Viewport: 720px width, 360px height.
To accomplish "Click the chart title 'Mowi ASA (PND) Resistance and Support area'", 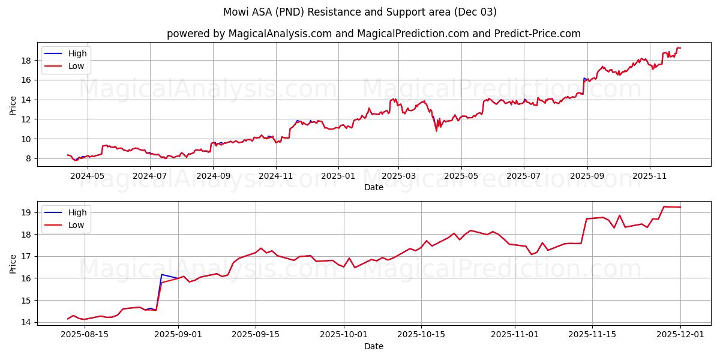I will pyautogui.click(x=360, y=12).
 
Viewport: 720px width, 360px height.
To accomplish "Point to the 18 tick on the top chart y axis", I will pyautogui.click(x=27, y=61).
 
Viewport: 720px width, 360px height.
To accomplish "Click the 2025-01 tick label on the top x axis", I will pyautogui.click(x=338, y=176).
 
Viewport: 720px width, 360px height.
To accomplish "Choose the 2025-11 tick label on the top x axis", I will pyautogui.click(x=650, y=176).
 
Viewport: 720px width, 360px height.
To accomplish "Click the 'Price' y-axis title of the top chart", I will pyautogui.click(x=13, y=104).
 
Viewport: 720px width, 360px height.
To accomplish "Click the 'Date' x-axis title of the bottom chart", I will pyautogui.click(x=373, y=346).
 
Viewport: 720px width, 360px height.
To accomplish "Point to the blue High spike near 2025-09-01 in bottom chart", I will pyautogui.click(x=161, y=274).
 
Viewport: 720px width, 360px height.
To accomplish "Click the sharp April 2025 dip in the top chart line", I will pyautogui.click(x=436, y=131).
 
